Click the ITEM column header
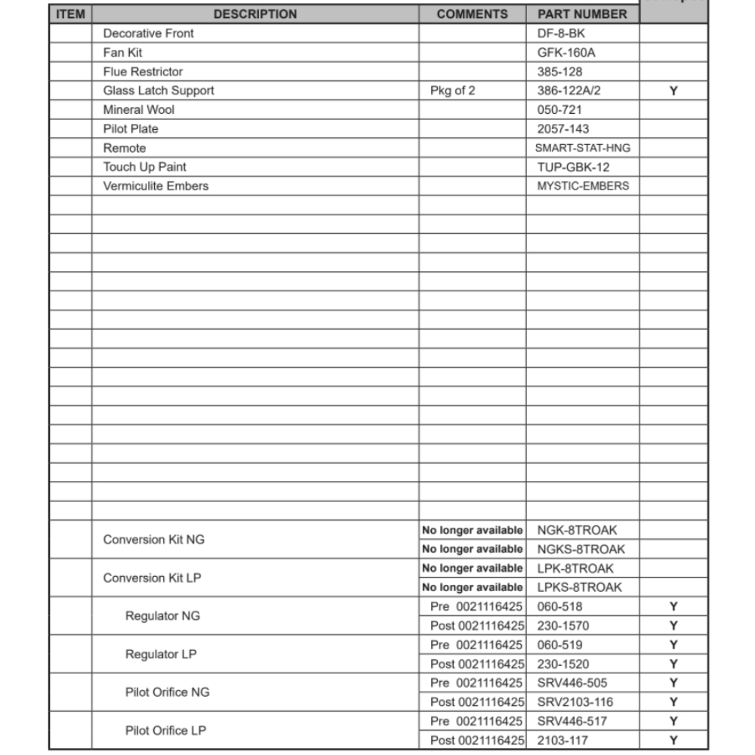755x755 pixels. [x=71, y=14]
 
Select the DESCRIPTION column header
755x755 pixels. [x=255, y=14]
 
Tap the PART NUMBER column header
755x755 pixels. [x=582, y=14]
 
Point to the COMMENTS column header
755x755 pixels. [x=473, y=14]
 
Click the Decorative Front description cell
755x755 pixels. [x=148, y=33]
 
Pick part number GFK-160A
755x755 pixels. [x=561, y=53]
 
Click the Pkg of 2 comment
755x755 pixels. [x=453, y=91]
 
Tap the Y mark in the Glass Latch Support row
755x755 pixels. [x=673, y=91]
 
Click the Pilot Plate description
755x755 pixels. [x=131, y=129]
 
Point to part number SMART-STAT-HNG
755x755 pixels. [x=582, y=148]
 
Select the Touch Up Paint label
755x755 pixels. [x=144, y=167]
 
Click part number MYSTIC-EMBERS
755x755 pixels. [x=582, y=186]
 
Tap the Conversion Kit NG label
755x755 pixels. [x=153, y=540]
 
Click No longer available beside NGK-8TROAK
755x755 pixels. [x=472, y=531]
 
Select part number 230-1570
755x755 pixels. [x=562, y=626]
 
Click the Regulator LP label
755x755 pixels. [x=161, y=655]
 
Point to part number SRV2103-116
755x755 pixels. [x=575, y=702]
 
